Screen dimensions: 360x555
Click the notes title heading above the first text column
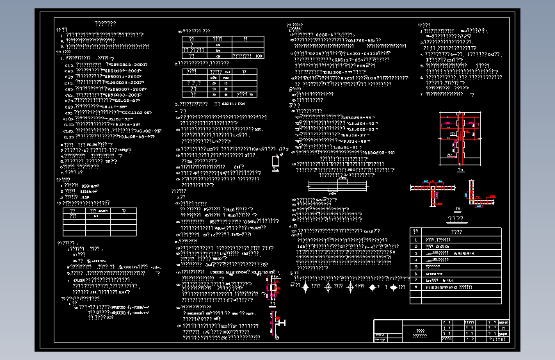[x=106, y=24]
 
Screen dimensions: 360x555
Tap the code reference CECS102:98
[x=135, y=111]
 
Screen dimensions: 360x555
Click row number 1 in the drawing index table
[x=415, y=239]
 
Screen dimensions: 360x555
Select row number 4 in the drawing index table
[x=415, y=260]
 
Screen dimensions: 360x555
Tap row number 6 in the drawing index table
[x=415, y=274]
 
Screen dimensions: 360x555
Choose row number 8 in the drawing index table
[x=415, y=288]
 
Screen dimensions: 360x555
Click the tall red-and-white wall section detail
[x=460, y=141]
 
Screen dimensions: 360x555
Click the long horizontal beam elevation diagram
[x=338, y=186]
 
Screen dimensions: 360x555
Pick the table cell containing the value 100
[x=259, y=56]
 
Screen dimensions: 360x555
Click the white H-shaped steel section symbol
[x=279, y=324]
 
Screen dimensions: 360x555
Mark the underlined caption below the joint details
[x=459, y=218]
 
